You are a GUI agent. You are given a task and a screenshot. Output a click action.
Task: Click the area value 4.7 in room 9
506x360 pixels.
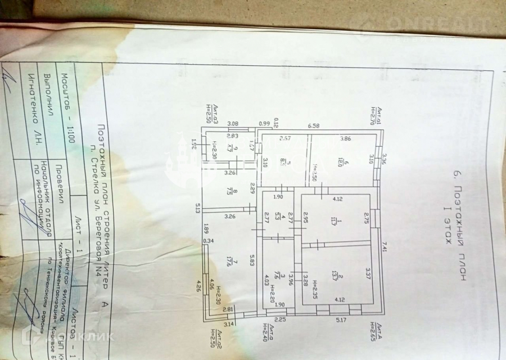230,148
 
